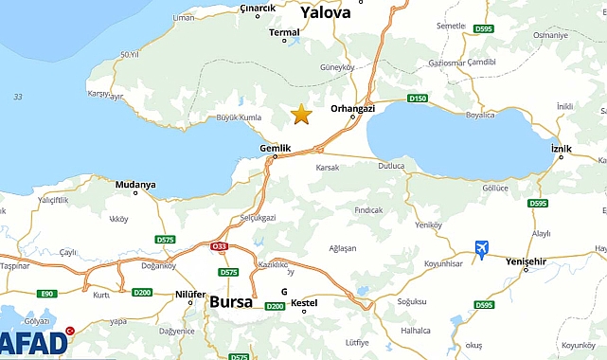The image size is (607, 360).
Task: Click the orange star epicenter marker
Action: tap(301, 115)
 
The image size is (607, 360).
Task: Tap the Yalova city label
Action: tap(325, 12)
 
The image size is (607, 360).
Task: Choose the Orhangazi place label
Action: tap(352, 109)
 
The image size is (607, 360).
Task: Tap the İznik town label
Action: tap(562, 148)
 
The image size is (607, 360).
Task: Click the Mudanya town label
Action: tap(135, 185)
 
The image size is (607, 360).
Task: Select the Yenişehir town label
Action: tap(527, 261)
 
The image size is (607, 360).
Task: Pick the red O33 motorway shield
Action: tap(220, 246)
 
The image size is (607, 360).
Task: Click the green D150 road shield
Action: tap(418, 98)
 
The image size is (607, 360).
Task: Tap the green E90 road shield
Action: tap(47, 294)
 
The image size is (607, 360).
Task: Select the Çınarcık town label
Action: tap(258, 8)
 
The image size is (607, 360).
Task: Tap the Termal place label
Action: tap(284, 31)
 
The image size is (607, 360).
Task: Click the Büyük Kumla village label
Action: tap(212, 117)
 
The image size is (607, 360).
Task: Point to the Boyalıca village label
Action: tap(480, 115)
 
